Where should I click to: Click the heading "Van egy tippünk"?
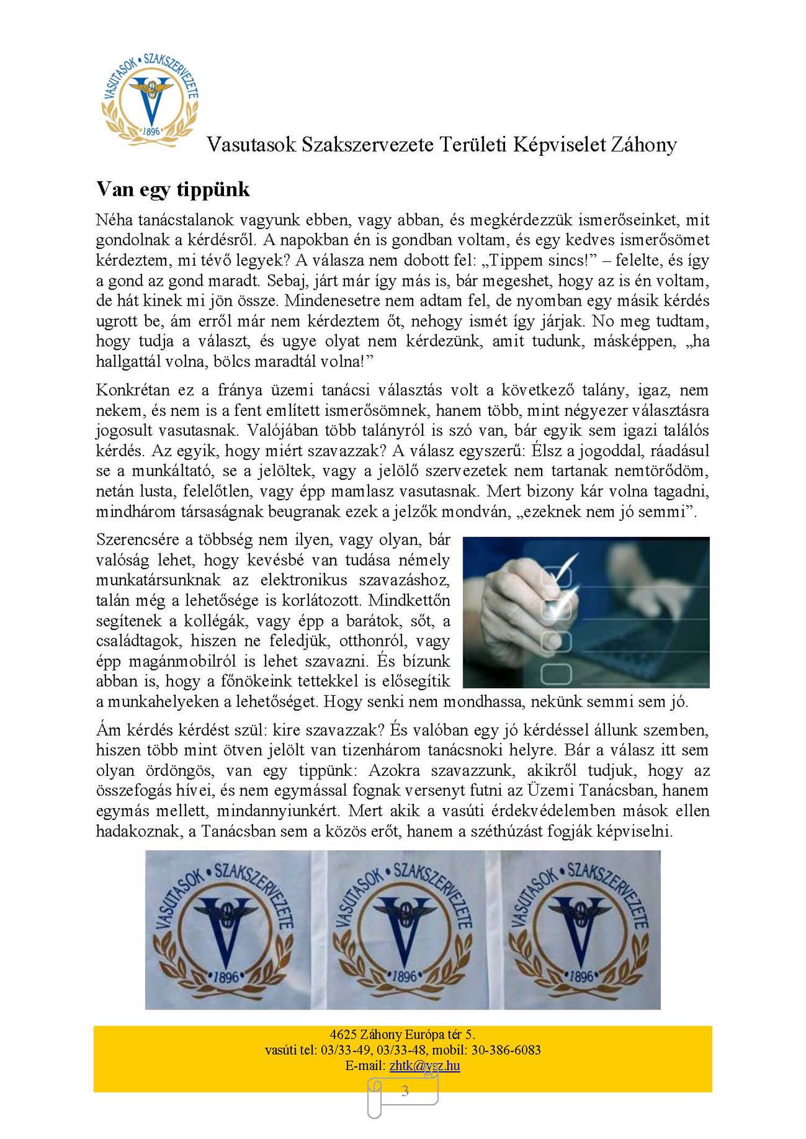coord(172,190)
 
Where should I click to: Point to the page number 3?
coord(405,1091)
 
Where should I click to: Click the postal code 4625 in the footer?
coord(342,1034)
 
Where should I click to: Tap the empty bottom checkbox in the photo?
coord(556,673)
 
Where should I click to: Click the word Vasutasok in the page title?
coord(251,145)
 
